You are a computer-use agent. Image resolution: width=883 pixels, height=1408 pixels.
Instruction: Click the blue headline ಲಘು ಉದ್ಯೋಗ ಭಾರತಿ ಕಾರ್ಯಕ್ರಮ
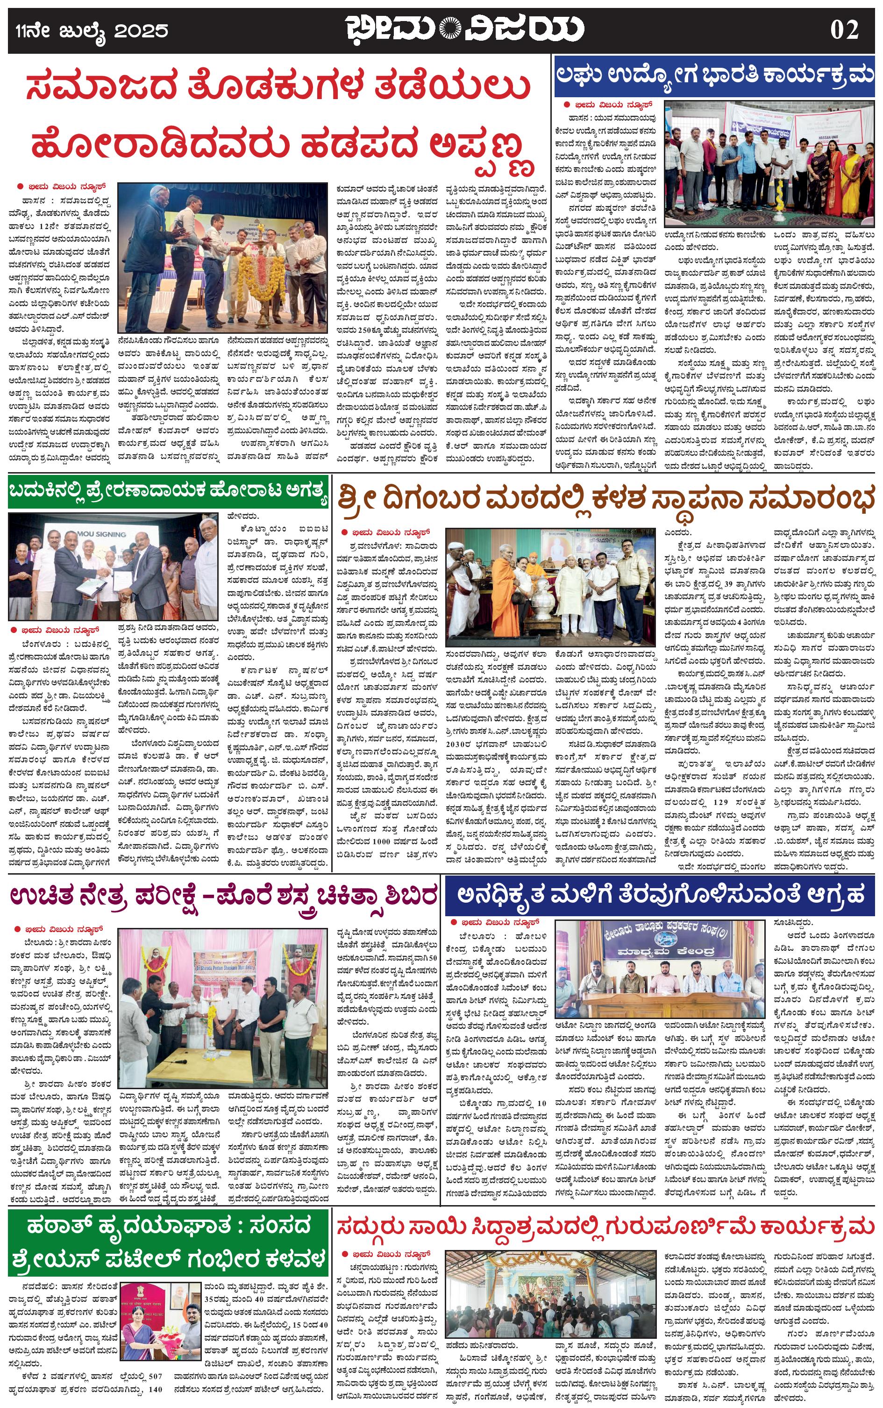coord(714,77)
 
